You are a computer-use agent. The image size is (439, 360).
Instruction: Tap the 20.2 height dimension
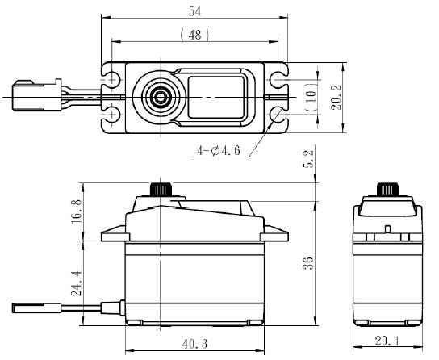pyautogui.click(x=337, y=97)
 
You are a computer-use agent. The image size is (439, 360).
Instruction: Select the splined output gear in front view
pyautogui.click(x=161, y=190)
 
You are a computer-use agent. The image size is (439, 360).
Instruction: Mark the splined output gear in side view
pyautogui.click(x=388, y=190)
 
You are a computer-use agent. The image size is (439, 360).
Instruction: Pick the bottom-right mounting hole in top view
pyautogui.click(x=278, y=115)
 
